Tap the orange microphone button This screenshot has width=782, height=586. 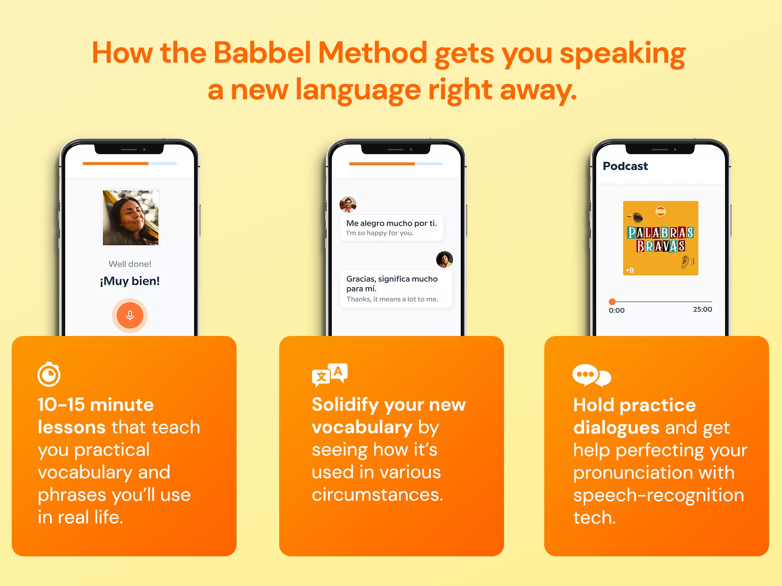pos(130,315)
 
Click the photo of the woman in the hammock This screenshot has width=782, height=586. pos(131,218)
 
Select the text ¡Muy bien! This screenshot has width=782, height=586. pos(130,281)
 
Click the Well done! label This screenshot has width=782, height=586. pos(130,264)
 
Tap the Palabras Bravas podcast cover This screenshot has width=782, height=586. pos(661,238)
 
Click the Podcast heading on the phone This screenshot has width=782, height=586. pos(625,166)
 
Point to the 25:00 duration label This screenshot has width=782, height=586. pos(703,309)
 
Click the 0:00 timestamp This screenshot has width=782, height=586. pos(617,311)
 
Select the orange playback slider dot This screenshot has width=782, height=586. pos(612,302)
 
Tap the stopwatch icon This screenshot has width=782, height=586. pos(49,374)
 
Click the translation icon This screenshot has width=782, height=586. pos(330,375)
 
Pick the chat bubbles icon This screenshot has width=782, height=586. pos(592,375)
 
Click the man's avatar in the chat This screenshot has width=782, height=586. pos(348,204)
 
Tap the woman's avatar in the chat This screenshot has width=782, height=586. pos(445,259)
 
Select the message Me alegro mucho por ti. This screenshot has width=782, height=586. pos(391,223)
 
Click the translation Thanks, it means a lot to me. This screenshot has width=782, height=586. pos(392,299)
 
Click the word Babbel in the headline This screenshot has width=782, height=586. pos(262,52)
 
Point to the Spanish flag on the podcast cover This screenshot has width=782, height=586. pos(661,211)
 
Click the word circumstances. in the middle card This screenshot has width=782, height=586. pos(377,495)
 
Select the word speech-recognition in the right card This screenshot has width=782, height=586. pos(659,495)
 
